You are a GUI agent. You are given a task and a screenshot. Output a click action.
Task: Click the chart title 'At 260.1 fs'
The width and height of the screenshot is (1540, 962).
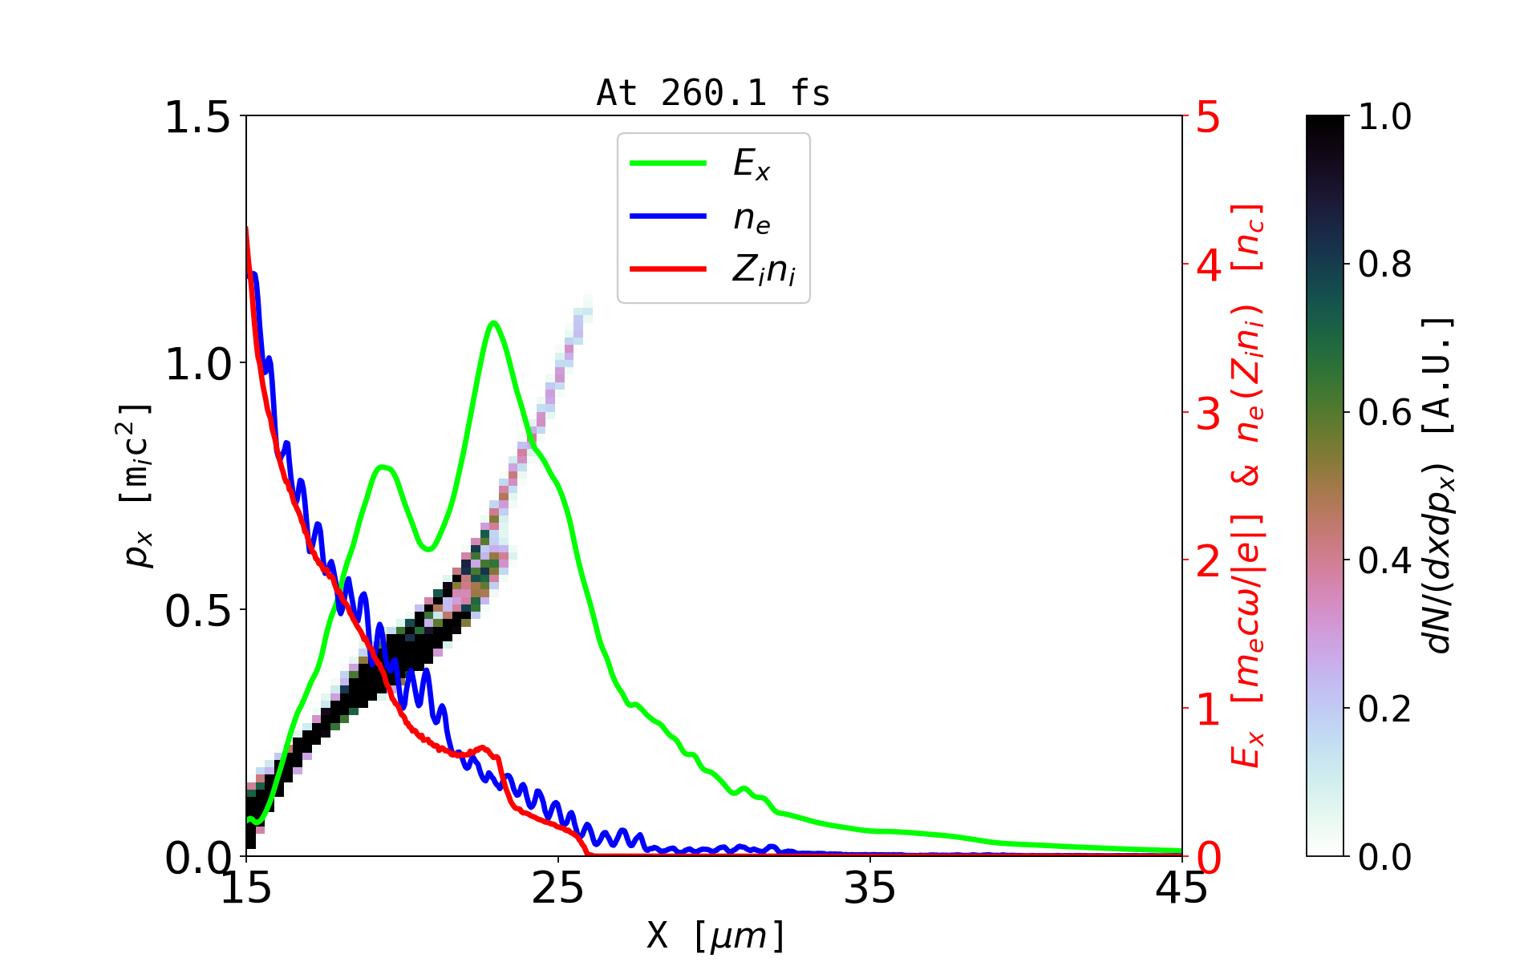713,93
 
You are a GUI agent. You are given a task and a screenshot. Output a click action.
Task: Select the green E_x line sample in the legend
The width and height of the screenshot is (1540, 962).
668,164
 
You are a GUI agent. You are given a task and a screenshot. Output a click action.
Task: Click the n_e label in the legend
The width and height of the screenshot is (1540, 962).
752,217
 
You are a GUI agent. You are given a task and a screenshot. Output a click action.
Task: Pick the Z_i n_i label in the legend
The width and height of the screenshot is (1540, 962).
764,270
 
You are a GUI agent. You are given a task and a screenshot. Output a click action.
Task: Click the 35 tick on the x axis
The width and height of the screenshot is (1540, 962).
870,889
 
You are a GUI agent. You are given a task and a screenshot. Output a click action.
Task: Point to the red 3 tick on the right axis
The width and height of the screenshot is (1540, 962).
1209,414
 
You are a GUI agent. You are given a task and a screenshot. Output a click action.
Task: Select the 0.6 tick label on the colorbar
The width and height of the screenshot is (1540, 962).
1384,413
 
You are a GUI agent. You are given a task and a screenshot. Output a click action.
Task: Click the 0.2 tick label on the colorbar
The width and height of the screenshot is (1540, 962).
1384,709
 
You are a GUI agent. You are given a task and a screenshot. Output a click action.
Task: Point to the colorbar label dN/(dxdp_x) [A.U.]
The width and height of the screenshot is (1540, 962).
1440,486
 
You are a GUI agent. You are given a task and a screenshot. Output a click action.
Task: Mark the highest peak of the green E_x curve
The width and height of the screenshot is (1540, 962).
493,322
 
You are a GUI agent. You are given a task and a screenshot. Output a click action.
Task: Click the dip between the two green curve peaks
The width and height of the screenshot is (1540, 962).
428,549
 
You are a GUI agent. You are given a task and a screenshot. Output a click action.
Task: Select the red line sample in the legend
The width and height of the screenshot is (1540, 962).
668,269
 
